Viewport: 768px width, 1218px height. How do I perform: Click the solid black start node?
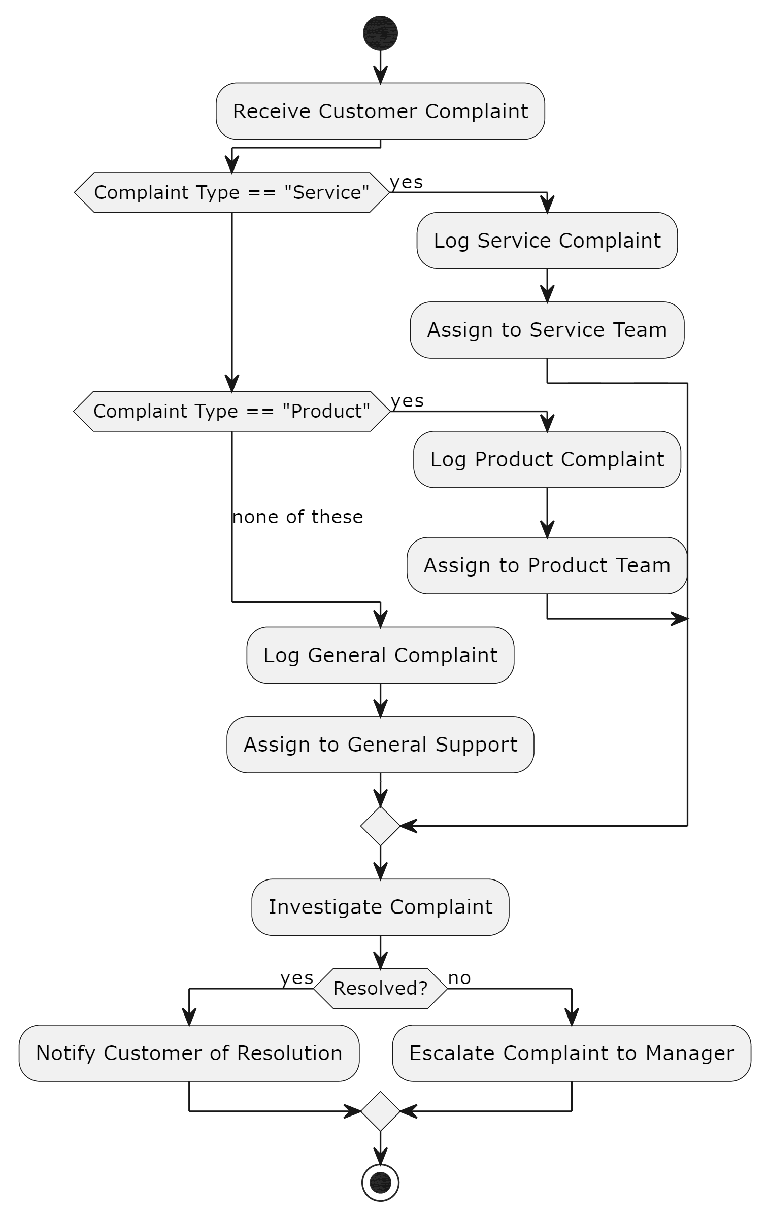point(380,33)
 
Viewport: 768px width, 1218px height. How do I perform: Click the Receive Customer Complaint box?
point(380,111)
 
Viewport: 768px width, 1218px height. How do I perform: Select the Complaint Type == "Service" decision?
point(232,192)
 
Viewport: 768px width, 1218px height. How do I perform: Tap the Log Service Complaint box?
point(547,241)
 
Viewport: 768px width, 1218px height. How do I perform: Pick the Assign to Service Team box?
point(547,330)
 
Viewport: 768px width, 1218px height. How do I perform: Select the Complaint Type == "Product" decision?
point(232,411)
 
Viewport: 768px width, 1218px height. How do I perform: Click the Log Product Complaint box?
point(547,460)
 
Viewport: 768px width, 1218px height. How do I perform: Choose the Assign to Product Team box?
point(547,565)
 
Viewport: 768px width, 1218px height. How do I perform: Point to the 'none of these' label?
point(297,517)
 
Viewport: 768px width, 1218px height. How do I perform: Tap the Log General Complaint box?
point(380,655)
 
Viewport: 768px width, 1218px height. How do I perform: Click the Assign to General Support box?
point(380,745)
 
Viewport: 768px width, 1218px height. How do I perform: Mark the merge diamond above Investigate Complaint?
point(380,826)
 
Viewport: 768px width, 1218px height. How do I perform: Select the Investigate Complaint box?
point(380,907)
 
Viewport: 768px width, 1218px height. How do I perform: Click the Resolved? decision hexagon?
point(380,988)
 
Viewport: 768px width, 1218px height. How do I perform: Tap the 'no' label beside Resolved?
point(459,978)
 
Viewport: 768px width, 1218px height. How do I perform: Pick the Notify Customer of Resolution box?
point(189,1053)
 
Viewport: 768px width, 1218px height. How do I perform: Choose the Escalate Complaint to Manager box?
point(572,1053)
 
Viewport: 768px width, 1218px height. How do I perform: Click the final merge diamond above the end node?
point(380,1111)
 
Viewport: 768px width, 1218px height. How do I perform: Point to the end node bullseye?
point(380,1182)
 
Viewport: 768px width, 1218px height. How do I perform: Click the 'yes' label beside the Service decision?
point(406,182)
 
